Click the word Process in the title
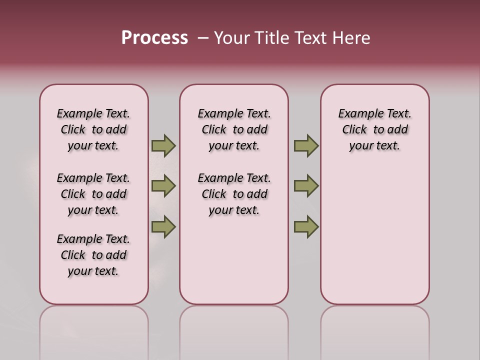pyautogui.click(x=154, y=38)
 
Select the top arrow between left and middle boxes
pyautogui.click(x=163, y=145)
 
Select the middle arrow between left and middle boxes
pyautogui.click(x=163, y=186)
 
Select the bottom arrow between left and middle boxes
pyautogui.click(x=163, y=226)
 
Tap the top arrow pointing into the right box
pyautogui.click(x=306, y=145)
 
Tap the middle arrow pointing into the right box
pyautogui.click(x=306, y=186)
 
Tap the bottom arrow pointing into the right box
pyautogui.click(x=306, y=226)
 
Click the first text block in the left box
pyautogui.click(x=93, y=129)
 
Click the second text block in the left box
pyautogui.click(x=93, y=194)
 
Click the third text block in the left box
pyautogui.click(x=93, y=255)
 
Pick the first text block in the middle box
pyautogui.click(x=234, y=129)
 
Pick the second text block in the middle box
pyautogui.click(x=234, y=194)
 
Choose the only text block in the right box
pyautogui.click(x=375, y=129)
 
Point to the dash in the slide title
pyautogui.click(x=203, y=38)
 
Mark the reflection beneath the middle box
pyautogui.click(x=234, y=330)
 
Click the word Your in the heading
pyautogui.click(x=232, y=38)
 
